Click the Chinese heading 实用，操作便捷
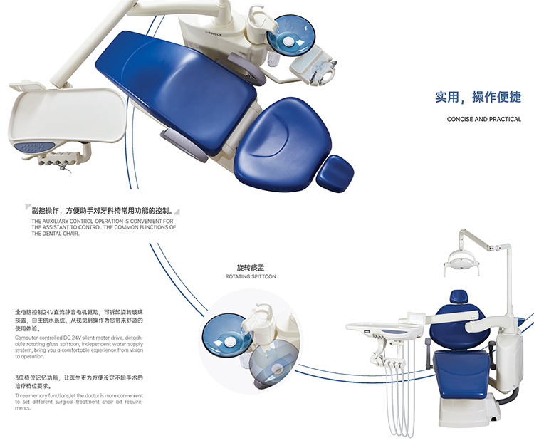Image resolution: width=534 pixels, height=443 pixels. click(478, 98)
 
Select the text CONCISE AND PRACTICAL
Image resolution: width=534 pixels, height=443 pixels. click(483, 119)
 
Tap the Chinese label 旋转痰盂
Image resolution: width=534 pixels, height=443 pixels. click(250, 267)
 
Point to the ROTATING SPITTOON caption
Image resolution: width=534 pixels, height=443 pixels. click(251, 276)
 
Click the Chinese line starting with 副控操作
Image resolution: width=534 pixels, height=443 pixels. click(102, 211)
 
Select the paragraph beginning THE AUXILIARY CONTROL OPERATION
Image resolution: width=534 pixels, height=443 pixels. click(103, 226)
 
